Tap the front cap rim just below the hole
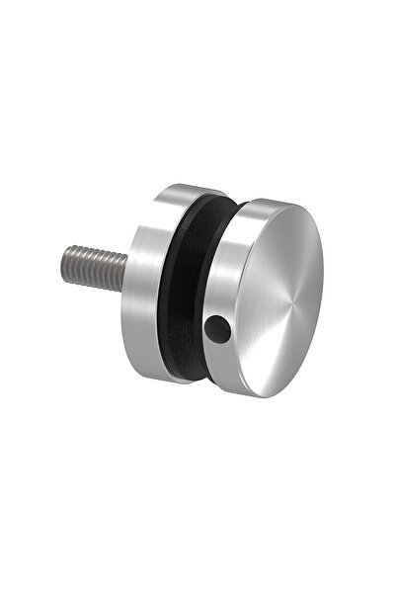tap(219, 348)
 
